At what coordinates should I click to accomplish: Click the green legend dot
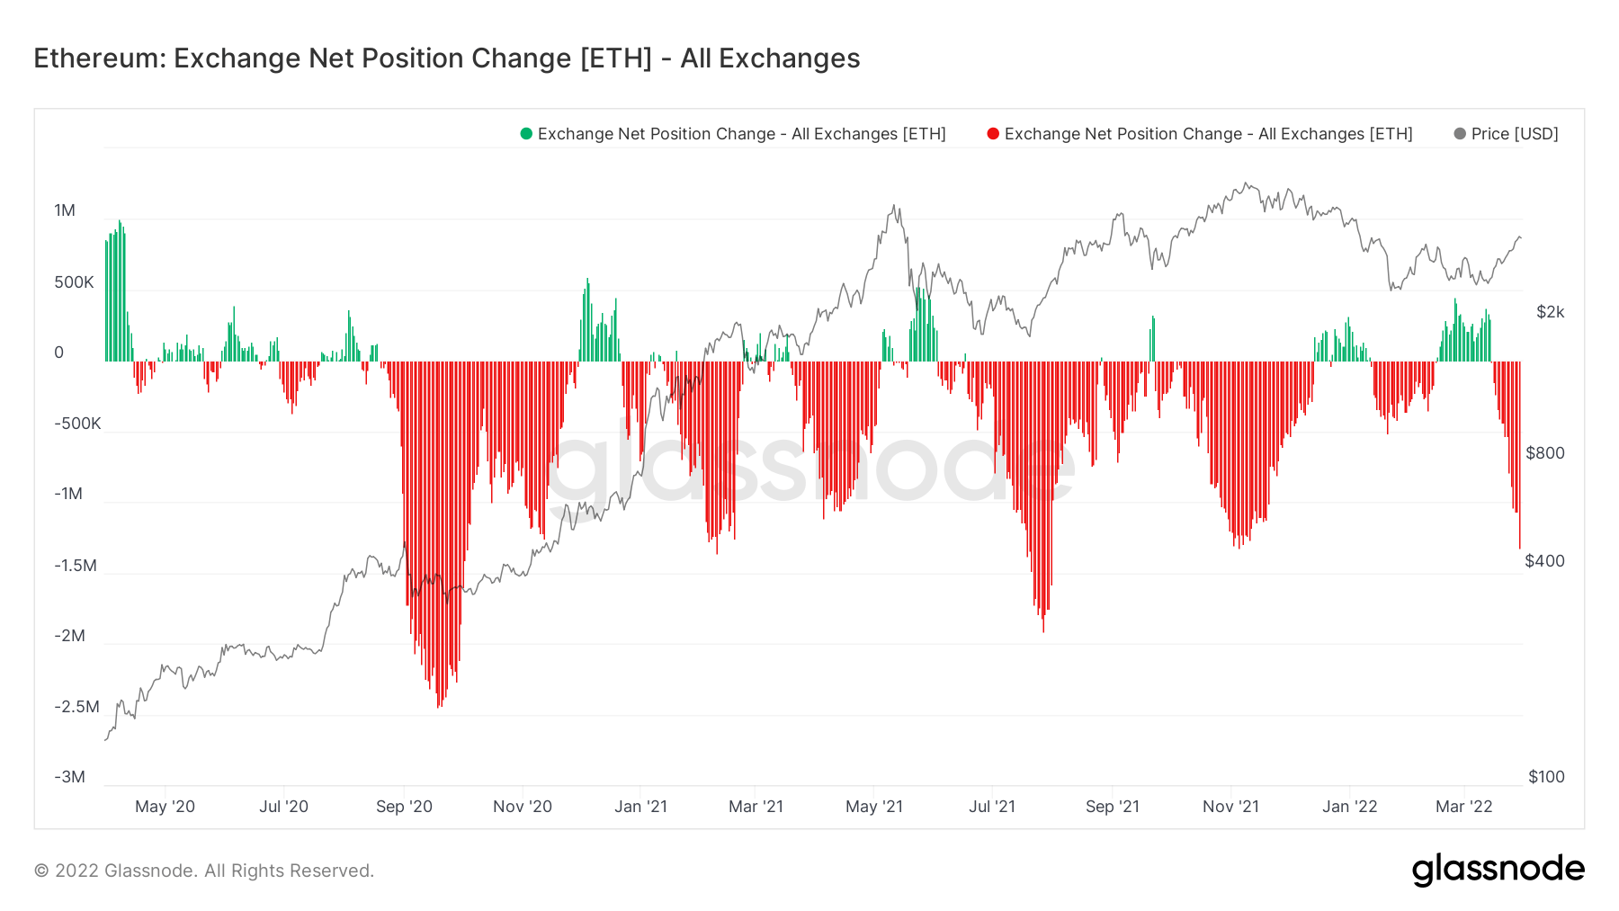(x=526, y=134)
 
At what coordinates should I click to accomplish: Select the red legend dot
(x=993, y=134)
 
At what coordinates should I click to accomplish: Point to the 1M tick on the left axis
(x=65, y=210)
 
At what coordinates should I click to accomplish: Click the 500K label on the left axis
(x=74, y=282)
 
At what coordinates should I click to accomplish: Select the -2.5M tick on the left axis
(x=76, y=707)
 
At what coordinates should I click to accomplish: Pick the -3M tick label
(x=69, y=777)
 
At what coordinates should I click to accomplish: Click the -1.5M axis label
(x=76, y=566)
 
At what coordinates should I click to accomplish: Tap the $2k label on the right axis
(x=1550, y=312)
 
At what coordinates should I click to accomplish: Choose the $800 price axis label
(x=1545, y=453)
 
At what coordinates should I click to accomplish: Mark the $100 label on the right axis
(x=1546, y=777)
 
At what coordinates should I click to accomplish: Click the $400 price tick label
(x=1545, y=561)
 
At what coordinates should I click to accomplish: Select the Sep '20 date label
(x=404, y=807)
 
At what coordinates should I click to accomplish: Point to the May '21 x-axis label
(x=873, y=807)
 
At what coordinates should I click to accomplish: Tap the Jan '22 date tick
(x=1349, y=807)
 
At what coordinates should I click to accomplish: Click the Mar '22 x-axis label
(x=1463, y=807)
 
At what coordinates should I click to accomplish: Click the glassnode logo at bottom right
(x=1498, y=870)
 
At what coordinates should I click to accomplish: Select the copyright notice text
(x=204, y=871)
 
